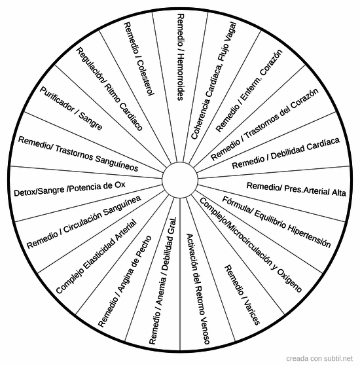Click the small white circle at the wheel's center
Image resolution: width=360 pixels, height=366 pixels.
click(x=180, y=180)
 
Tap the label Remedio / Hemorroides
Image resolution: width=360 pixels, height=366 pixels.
click(x=181, y=57)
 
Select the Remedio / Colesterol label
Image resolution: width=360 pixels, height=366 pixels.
click(x=139, y=59)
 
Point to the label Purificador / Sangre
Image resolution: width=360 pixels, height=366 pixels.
click(x=71, y=108)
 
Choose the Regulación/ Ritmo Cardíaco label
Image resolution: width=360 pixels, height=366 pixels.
click(x=109, y=89)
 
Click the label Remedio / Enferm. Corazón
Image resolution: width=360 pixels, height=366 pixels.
click(x=249, y=91)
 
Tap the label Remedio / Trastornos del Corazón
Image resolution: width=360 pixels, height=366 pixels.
click(x=264, y=124)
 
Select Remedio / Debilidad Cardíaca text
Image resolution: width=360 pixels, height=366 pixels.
click(x=285, y=153)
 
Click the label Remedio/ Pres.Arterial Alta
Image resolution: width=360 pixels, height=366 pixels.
click(x=297, y=189)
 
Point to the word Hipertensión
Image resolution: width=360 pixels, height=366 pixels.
click(x=308, y=236)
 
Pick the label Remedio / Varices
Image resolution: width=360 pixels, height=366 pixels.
click(x=242, y=295)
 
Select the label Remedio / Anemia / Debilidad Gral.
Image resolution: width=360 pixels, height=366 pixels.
click(x=163, y=281)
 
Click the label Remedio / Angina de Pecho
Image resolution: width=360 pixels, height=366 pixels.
click(x=125, y=282)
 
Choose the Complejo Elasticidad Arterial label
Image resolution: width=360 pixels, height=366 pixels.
click(x=96, y=257)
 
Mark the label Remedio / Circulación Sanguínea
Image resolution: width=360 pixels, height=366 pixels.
click(x=84, y=222)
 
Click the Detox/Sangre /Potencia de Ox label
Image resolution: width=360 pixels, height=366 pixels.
click(x=69, y=189)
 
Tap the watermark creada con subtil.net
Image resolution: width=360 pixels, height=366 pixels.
click(x=319, y=358)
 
